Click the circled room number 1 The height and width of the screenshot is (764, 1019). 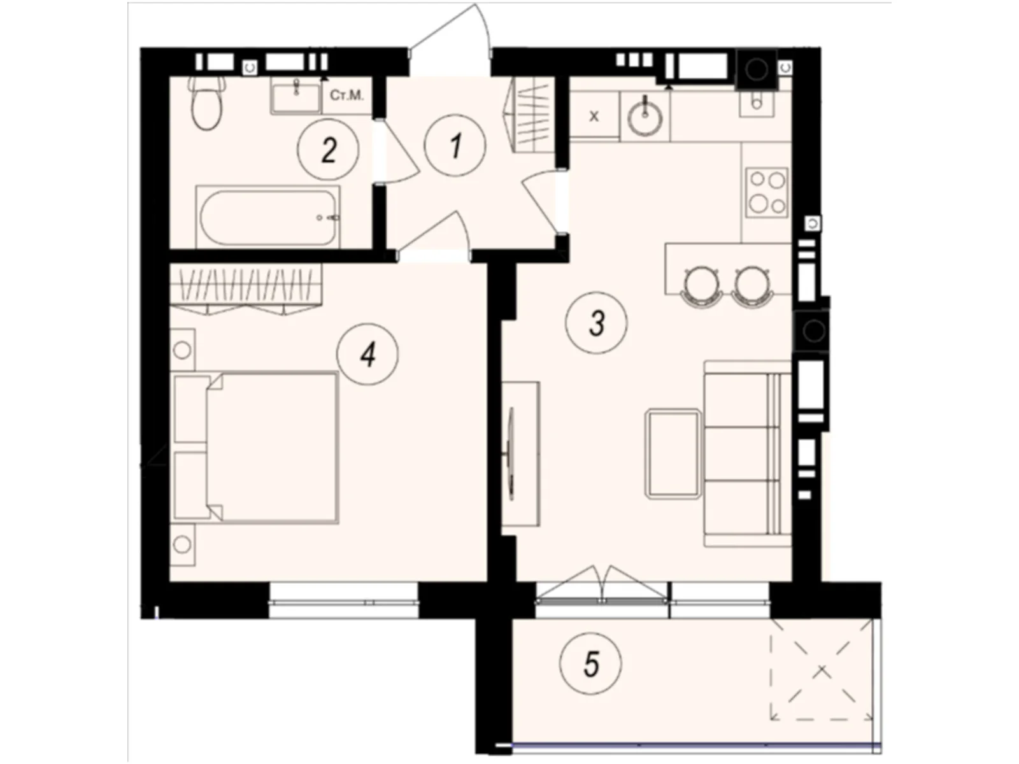(x=455, y=146)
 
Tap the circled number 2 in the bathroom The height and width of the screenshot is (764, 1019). (x=328, y=151)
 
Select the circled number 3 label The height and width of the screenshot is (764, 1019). (x=596, y=323)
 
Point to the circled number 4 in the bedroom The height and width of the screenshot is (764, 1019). (x=367, y=353)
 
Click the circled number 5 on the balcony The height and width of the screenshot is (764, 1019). (x=590, y=665)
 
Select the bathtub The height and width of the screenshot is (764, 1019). (x=267, y=217)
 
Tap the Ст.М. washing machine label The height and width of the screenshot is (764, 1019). (x=346, y=96)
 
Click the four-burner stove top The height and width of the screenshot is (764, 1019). (x=767, y=192)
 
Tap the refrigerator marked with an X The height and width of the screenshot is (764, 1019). (x=594, y=116)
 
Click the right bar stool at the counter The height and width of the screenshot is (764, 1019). (x=753, y=283)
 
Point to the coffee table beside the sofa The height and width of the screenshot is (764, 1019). (x=673, y=453)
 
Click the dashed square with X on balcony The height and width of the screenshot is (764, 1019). (x=822, y=669)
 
